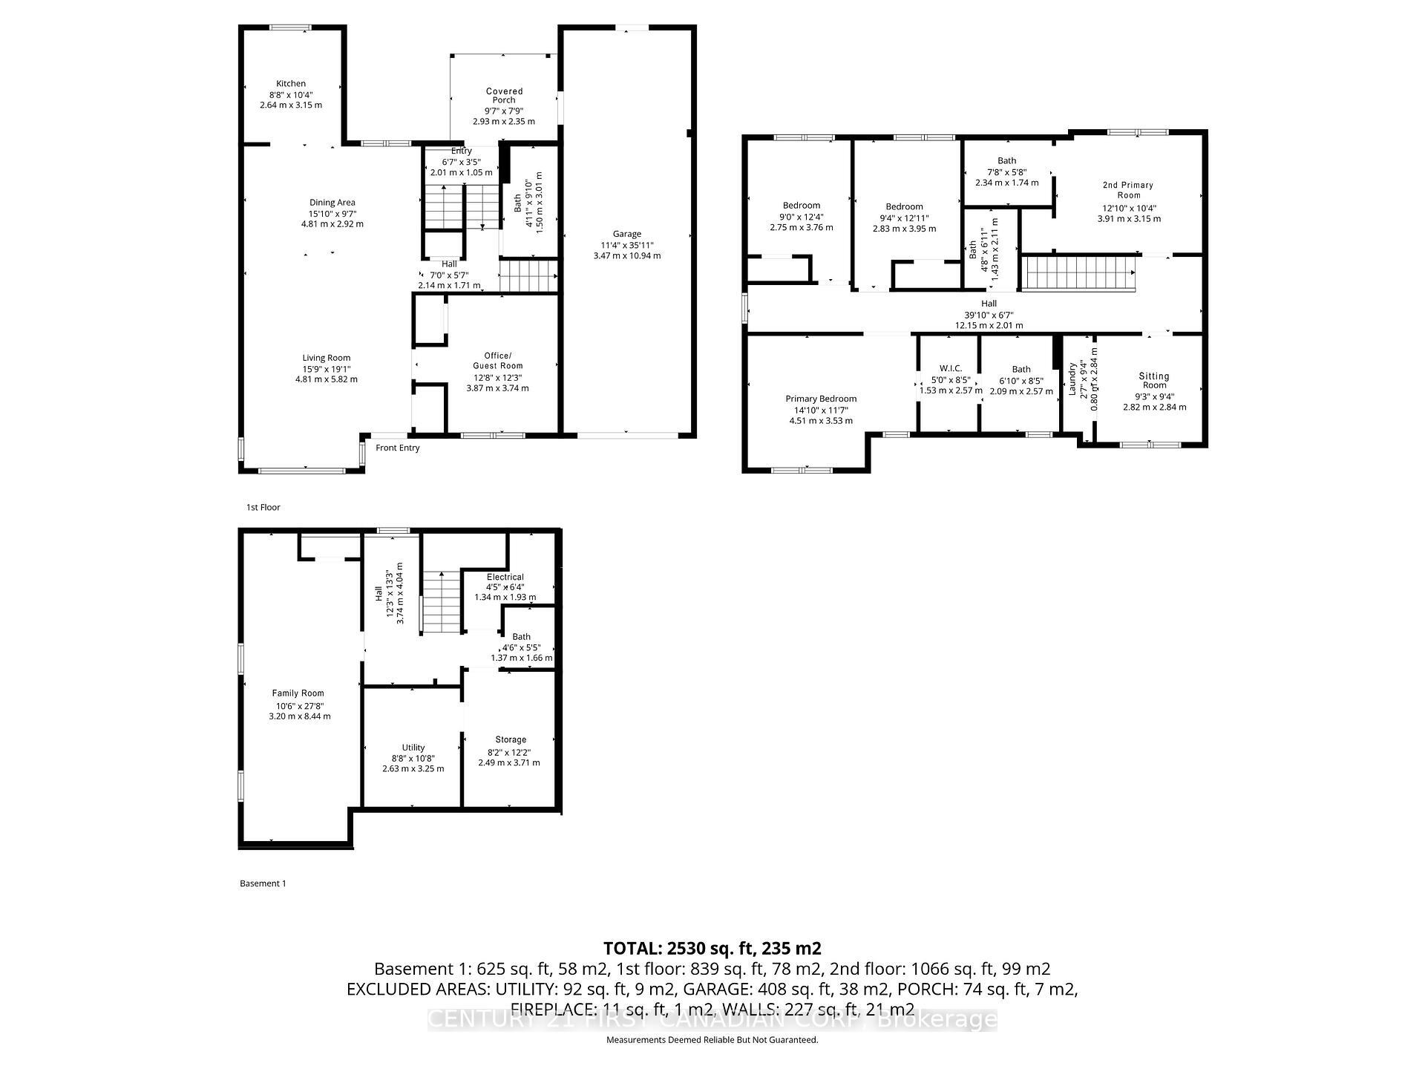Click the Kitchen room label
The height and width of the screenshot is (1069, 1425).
point(291,84)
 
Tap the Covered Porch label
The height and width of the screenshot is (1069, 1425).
point(504,96)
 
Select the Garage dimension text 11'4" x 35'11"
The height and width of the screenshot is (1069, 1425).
point(626,245)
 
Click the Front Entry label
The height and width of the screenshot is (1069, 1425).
point(398,448)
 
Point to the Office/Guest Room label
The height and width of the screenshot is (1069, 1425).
point(497,361)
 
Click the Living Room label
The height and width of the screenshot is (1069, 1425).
point(326,358)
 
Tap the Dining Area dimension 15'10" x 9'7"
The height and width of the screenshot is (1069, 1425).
point(332,213)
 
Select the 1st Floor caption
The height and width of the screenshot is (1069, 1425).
point(263,507)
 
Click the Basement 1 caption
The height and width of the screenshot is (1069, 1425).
point(263,883)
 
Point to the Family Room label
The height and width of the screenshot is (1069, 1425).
point(298,693)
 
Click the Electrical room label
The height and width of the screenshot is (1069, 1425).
point(505,577)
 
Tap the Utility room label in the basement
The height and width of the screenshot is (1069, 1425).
point(413,748)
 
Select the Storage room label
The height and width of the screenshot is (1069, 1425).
point(510,739)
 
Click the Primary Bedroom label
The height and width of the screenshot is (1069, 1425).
point(821,399)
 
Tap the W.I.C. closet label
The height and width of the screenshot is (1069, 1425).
point(950,368)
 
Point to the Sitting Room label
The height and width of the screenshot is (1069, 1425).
point(1153,380)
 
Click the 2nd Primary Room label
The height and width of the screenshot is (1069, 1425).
point(1127,190)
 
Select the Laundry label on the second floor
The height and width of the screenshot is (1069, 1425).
point(1072,379)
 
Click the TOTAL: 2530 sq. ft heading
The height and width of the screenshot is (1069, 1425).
point(712,948)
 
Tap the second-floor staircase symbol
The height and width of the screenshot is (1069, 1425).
point(1079,273)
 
